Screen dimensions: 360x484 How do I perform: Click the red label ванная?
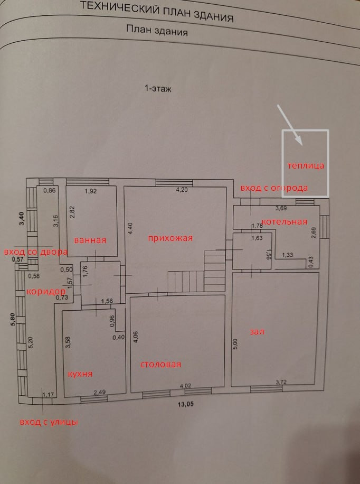pos(90,240)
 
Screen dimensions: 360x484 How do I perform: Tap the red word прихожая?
pos(170,238)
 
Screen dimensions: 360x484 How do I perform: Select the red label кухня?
pos(80,374)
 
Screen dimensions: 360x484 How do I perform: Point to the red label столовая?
pos(160,364)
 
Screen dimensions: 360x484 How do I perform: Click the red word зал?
pos(257,332)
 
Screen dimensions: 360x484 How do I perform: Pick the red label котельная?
pos(285,221)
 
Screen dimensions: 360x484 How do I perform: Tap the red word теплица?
pos(306,166)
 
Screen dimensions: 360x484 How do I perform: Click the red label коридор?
pos(46,292)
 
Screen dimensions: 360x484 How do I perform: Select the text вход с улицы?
pos(49,422)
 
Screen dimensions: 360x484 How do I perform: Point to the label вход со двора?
pos(35,252)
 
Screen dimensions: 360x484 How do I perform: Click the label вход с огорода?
pos(274,188)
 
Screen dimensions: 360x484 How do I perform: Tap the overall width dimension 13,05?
pos(185,404)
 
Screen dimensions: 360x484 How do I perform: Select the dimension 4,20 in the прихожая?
pos(182,190)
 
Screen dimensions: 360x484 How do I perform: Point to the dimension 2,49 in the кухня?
pos(99,392)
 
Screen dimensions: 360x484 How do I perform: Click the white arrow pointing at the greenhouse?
pos(289,124)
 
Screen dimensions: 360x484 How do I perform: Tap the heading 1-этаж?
pos(158,89)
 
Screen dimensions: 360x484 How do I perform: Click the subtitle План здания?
pos(157,30)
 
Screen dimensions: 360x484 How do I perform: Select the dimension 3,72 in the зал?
pos(281,382)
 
